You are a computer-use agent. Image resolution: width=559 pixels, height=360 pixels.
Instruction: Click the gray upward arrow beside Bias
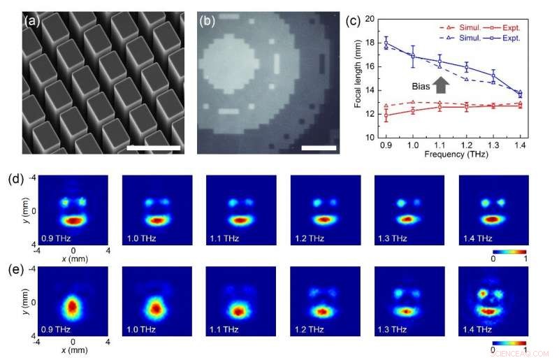(441, 84)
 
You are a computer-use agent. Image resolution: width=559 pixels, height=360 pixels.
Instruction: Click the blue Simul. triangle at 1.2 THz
(466, 79)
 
